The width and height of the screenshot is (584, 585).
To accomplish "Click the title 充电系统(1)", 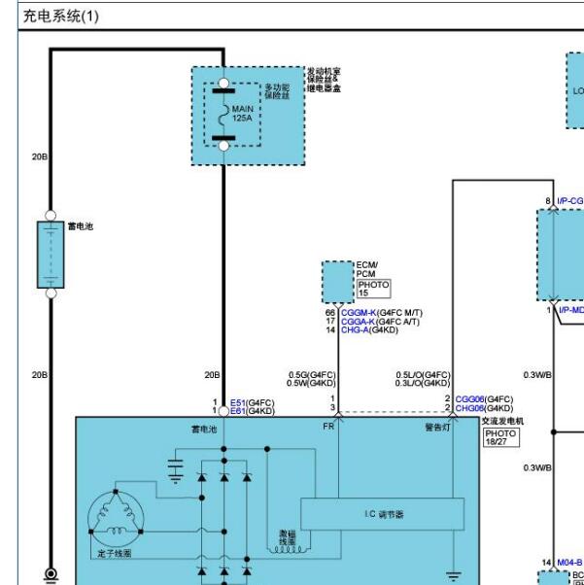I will pos(59,16).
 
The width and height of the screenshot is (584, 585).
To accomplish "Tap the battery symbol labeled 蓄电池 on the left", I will pos(51,255).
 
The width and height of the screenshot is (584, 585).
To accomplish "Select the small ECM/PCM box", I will pos(338,283).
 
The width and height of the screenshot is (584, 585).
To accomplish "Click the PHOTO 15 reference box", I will pos(373,289).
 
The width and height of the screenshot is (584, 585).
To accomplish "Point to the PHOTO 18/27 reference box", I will pos(501,437).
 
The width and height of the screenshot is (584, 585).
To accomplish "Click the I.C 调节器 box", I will pos(383,513).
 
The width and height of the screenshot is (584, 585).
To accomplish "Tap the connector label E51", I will pos(237,402).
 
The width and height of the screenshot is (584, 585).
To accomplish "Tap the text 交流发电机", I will pos(502,421).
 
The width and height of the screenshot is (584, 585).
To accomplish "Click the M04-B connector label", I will pos(569,563).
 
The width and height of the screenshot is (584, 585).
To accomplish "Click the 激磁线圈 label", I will pos(287,538).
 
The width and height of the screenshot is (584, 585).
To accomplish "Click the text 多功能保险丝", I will pos(278,91).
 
